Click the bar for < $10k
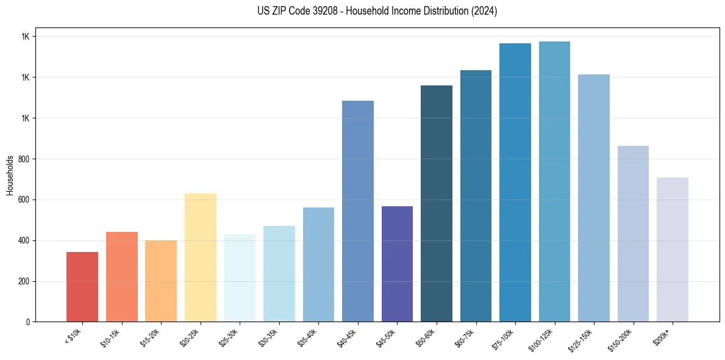tap(82, 287)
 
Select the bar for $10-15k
tap(121, 277)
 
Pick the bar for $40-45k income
tap(357, 211)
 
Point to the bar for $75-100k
tap(515, 182)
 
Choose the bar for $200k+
tap(672, 250)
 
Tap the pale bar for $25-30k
tap(240, 278)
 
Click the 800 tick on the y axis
tap(24, 159)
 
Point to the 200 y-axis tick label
tap(24, 281)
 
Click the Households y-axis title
tap(10, 175)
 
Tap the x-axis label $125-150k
tap(581, 338)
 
